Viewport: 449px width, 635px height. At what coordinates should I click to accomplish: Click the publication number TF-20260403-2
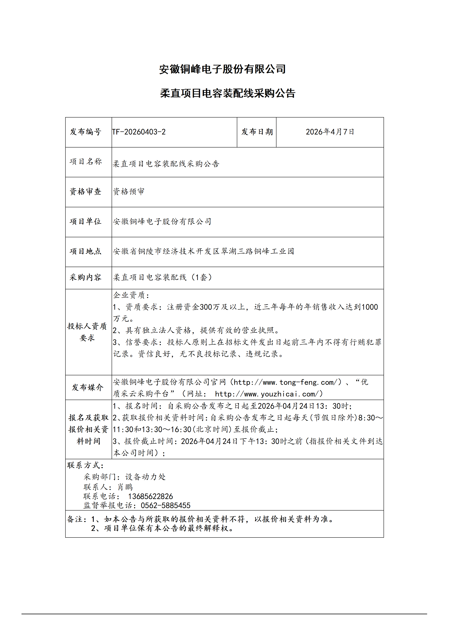coord(139,132)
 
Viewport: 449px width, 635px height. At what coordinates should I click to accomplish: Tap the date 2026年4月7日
coord(330,132)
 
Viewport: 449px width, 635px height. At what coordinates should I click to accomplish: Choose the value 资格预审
coord(129,191)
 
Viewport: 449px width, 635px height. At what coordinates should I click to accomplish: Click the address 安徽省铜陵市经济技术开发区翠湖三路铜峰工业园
coord(203,251)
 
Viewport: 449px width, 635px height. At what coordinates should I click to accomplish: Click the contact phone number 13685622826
coord(150,496)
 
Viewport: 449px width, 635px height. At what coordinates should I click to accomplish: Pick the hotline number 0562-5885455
coord(165,506)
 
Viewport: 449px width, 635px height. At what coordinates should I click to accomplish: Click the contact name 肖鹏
coord(125,487)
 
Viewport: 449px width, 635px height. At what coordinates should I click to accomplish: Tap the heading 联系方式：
coord(85,465)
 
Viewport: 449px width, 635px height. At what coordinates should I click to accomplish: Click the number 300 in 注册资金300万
coord(206,307)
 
